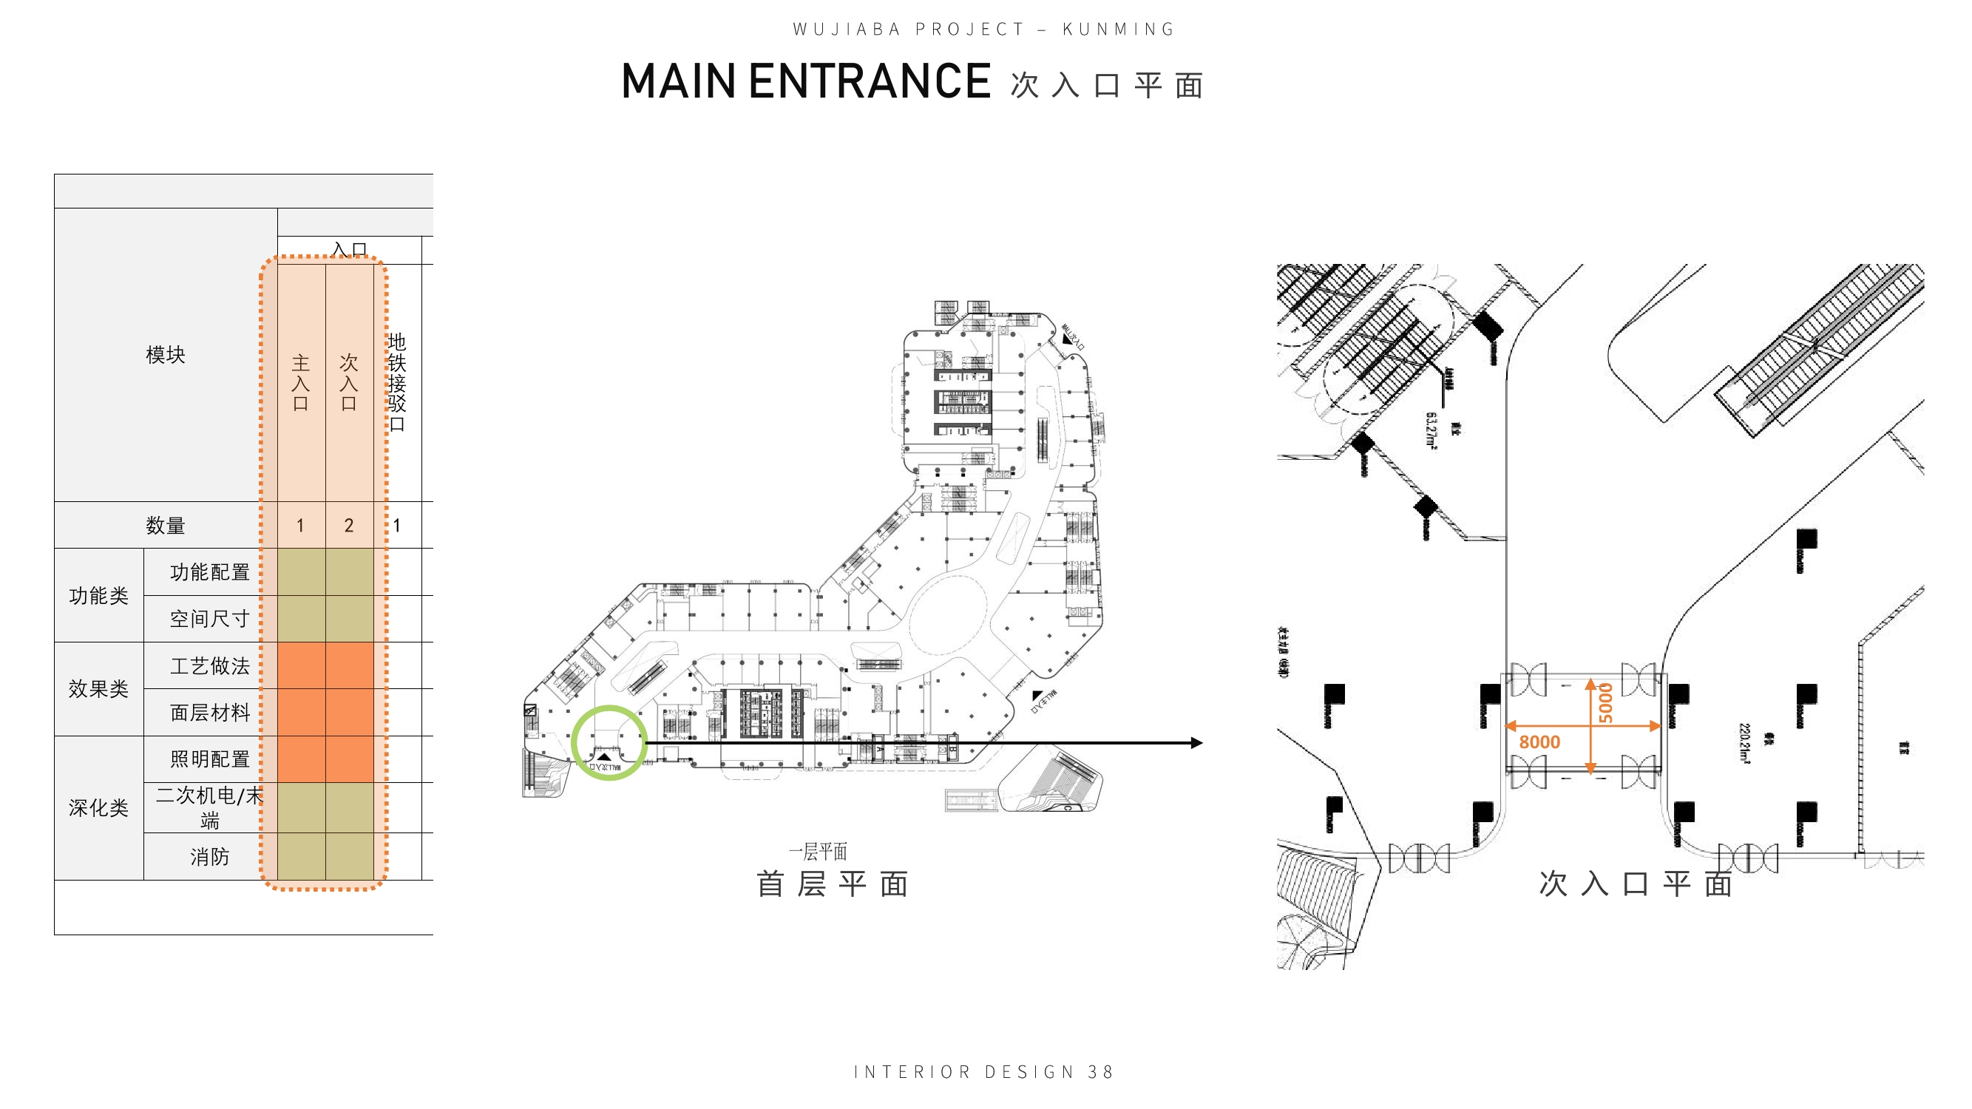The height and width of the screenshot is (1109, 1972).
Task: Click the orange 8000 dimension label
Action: [x=1539, y=742]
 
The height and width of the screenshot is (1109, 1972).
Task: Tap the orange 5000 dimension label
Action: [x=1605, y=702]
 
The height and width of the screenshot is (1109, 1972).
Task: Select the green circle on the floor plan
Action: [x=609, y=742]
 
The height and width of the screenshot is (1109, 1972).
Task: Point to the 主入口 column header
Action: [x=301, y=382]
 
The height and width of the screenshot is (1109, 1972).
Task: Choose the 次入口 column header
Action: [x=349, y=382]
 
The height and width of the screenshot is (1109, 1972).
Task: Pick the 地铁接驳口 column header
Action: [x=396, y=382]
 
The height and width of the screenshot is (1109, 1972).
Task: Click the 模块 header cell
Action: [x=166, y=354]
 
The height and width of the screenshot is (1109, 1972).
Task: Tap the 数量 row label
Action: [x=166, y=526]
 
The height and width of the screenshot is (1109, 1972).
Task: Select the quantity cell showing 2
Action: [x=349, y=526]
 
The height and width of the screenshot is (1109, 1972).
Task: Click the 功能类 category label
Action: [x=99, y=595]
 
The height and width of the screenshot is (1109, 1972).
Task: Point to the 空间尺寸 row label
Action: [x=210, y=618]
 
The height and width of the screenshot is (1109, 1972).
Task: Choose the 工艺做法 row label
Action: [x=210, y=666]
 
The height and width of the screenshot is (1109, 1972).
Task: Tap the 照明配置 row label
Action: [x=210, y=759]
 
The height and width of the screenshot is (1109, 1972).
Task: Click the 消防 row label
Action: [x=210, y=856]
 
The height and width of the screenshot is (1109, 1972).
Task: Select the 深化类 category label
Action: [x=99, y=807]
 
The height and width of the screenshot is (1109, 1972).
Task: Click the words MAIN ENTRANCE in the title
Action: [x=806, y=82]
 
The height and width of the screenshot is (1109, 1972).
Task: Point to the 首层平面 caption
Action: [x=832, y=884]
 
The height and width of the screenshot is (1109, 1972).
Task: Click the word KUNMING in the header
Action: [x=1119, y=30]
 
